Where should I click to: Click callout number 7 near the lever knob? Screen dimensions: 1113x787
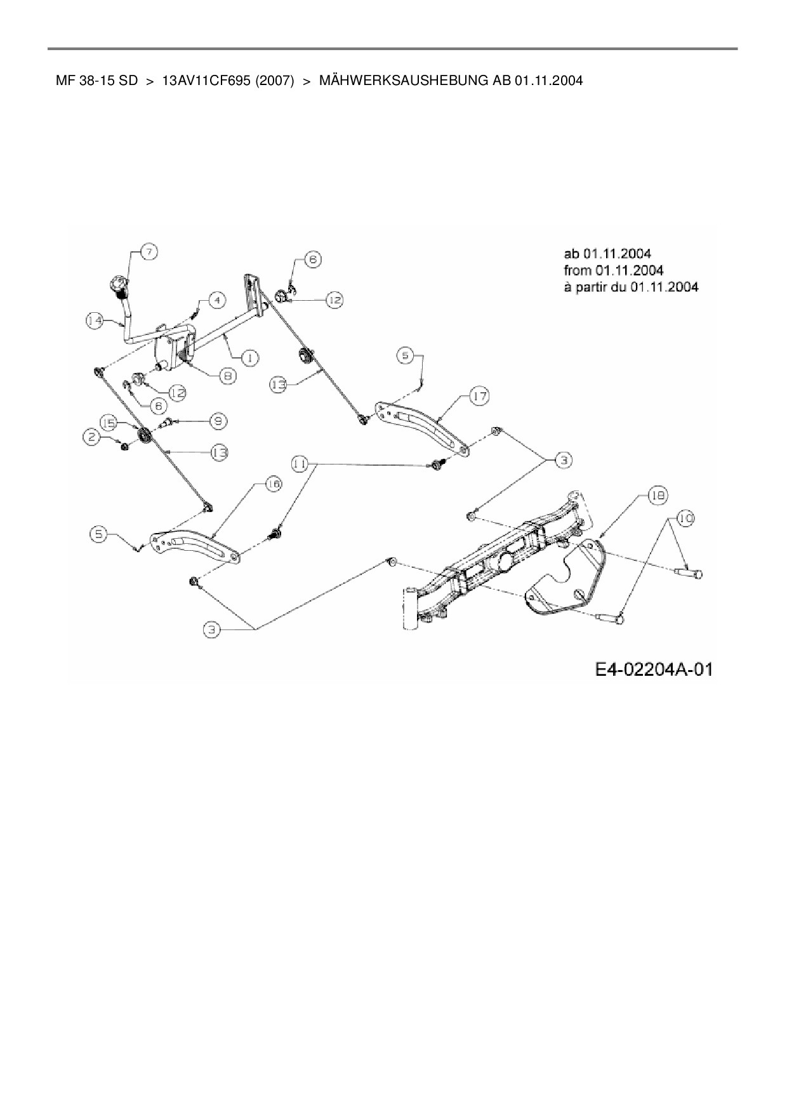(x=149, y=251)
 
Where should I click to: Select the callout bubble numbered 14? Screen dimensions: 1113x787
(x=95, y=321)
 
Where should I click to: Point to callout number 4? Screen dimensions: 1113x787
(x=217, y=300)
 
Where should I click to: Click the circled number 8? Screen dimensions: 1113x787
(x=227, y=376)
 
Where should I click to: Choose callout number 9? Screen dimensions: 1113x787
(x=218, y=420)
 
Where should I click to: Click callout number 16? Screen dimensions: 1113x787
(x=273, y=484)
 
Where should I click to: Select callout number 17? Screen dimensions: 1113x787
(x=479, y=397)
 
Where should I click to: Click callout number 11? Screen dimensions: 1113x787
(x=300, y=464)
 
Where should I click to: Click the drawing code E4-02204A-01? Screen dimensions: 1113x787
(x=653, y=669)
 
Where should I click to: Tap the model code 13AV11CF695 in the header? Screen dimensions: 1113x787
(x=207, y=81)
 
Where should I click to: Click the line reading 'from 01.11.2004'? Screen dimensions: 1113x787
(x=613, y=270)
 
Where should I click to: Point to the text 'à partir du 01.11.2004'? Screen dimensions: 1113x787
(x=631, y=287)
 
